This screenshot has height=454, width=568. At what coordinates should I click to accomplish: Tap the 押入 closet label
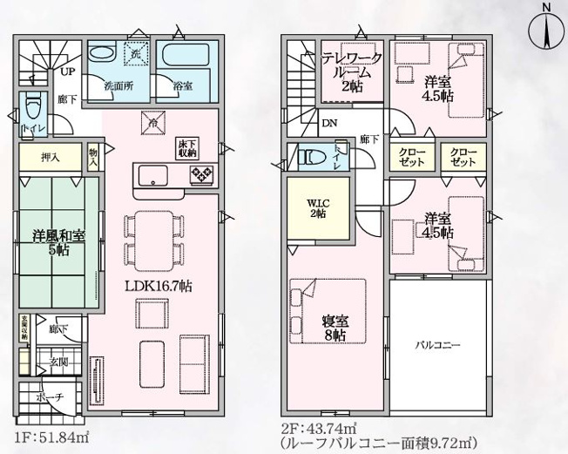pos(51,158)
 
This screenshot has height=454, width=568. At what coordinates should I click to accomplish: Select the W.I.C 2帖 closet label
pos(316,209)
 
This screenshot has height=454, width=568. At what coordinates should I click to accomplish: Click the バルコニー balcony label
pos(436,344)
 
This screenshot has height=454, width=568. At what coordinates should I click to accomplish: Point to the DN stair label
pos(330,124)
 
